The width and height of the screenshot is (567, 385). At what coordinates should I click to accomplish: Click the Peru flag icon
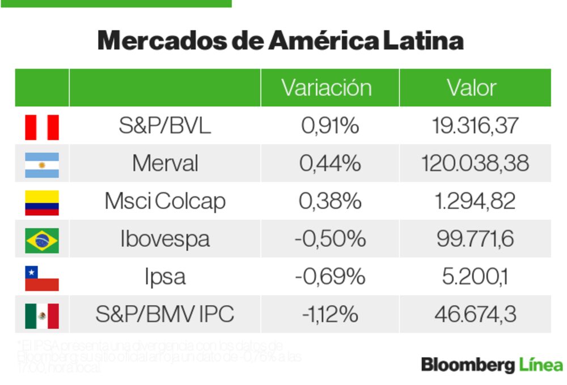pyautogui.click(x=41, y=127)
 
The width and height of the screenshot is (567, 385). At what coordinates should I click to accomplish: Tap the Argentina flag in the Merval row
pyautogui.click(x=41, y=165)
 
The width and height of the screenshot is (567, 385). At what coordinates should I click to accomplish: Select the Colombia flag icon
pyautogui.click(x=41, y=203)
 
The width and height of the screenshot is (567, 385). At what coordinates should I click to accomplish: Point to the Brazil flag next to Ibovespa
pyautogui.click(x=41, y=240)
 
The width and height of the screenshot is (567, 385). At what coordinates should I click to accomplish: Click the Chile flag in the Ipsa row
pyautogui.click(x=41, y=278)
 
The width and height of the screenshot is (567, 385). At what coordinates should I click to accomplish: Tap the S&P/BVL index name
pyautogui.click(x=164, y=126)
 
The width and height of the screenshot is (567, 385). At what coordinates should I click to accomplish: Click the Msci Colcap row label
pyautogui.click(x=164, y=202)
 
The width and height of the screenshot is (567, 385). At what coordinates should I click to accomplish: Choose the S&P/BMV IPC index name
pyautogui.click(x=164, y=314)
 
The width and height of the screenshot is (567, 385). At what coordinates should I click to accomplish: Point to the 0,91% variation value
pyautogui.click(x=330, y=126)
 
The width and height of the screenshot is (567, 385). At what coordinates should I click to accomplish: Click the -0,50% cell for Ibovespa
pyautogui.click(x=330, y=239)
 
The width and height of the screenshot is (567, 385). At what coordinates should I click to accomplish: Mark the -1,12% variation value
pyautogui.click(x=330, y=314)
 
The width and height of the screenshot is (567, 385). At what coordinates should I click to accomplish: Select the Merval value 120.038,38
pyautogui.click(x=475, y=164)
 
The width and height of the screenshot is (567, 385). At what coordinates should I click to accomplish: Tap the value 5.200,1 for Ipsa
pyautogui.click(x=475, y=277)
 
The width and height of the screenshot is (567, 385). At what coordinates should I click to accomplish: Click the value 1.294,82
pyautogui.click(x=475, y=202)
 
